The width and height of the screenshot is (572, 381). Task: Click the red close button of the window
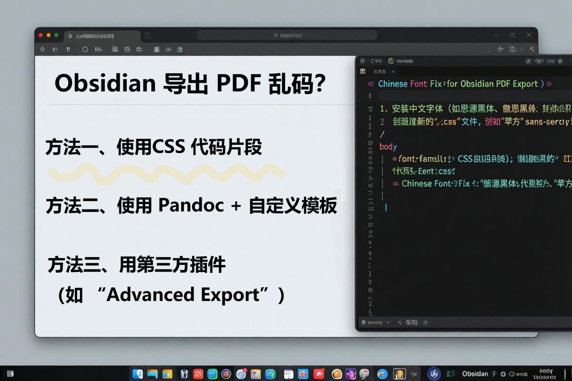coord(41,35)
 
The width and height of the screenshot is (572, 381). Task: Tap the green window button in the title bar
coord(56,35)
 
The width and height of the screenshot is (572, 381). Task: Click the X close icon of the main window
coord(529,35)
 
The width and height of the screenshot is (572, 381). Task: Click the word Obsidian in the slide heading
coord(105,84)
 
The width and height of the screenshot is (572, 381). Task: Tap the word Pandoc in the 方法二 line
coord(191,206)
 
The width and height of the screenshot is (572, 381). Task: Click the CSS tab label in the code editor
coord(379,71)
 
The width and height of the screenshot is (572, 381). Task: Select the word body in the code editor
coord(388,146)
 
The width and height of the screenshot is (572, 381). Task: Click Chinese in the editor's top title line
coord(393,84)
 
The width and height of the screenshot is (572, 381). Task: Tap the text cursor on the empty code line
coord(386,207)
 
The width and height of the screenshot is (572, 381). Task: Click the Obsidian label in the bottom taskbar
coord(475,374)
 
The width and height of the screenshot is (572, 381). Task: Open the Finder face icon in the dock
coord(138,374)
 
